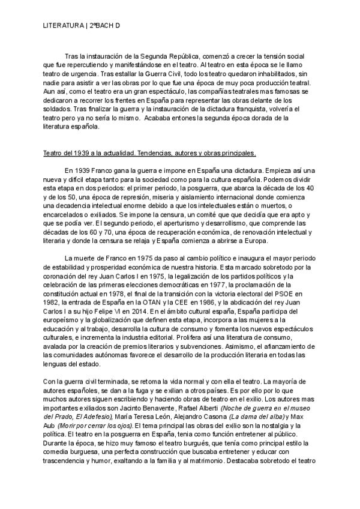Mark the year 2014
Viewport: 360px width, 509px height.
(173, 318)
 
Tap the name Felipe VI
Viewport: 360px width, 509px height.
(144, 318)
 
